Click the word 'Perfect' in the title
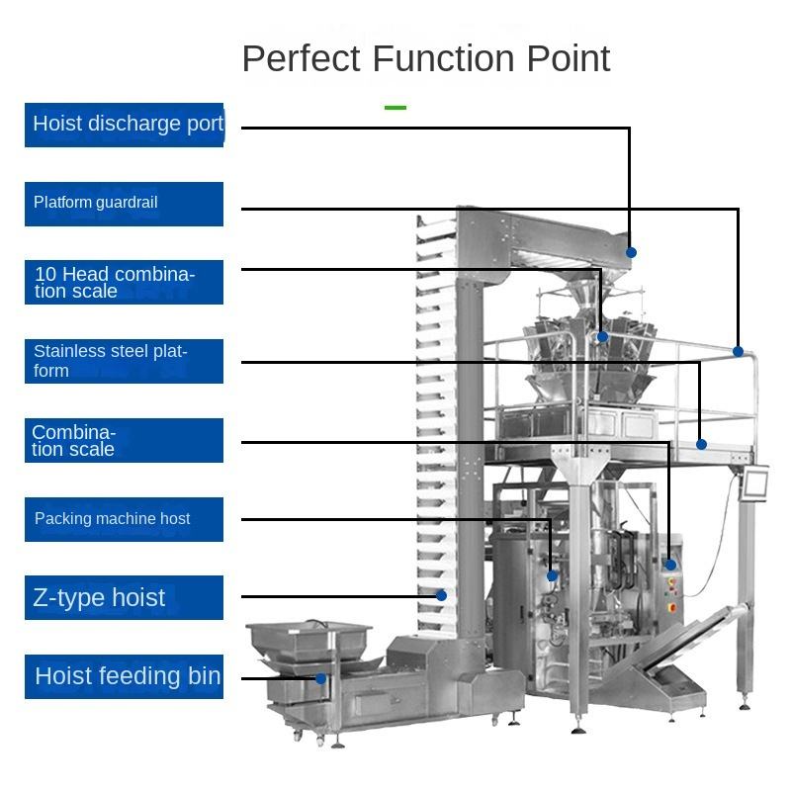tap(303, 59)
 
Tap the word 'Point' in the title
tap(568, 59)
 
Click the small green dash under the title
tap(395, 107)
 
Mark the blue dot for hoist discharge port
tap(631, 252)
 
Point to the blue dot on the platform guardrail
tap(738, 351)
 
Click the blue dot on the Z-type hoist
tap(442, 595)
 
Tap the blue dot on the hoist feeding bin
tap(320, 678)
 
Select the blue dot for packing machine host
tap(552, 575)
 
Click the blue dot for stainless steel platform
tap(701, 444)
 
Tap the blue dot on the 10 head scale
tap(602, 337)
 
